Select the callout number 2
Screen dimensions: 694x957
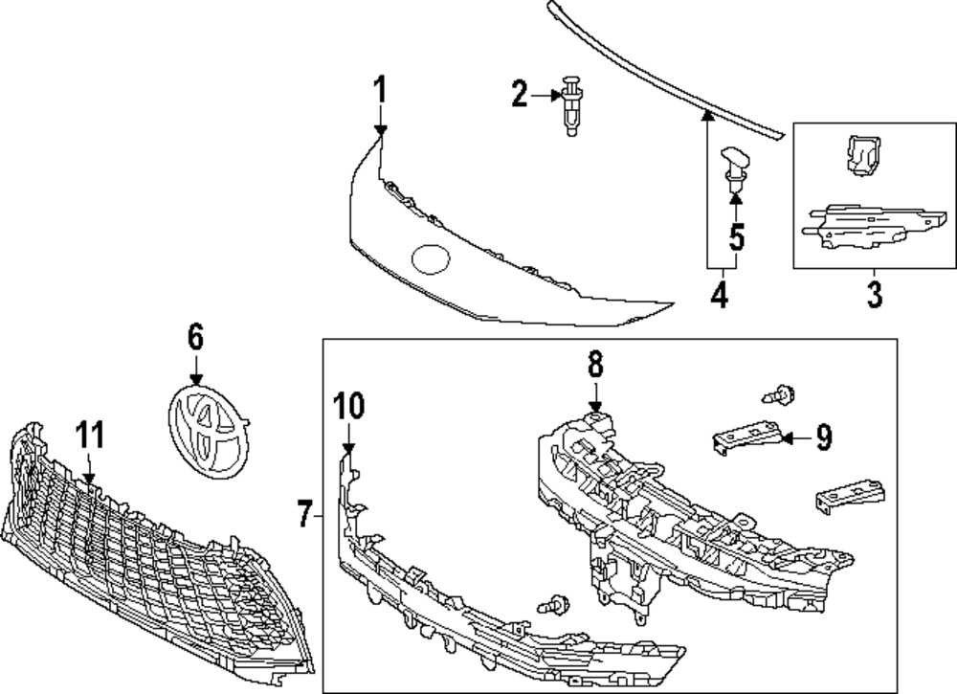(520, 94)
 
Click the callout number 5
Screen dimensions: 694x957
(736, 235)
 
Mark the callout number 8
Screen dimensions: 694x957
(594, 364)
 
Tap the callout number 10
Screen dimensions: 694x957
(349, 406)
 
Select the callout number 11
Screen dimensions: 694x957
(89, 436)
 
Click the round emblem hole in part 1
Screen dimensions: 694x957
(430, 258)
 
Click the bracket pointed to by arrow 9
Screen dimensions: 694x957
(746, 436)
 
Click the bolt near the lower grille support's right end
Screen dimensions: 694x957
(551, 606)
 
